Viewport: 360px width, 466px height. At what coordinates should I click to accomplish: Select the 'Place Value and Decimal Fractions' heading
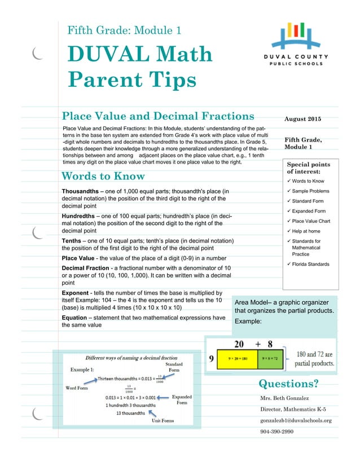158,116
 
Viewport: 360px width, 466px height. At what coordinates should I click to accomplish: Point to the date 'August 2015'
303,118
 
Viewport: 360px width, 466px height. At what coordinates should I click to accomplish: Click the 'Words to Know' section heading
103,176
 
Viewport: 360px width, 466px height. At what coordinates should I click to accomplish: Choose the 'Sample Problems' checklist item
310,191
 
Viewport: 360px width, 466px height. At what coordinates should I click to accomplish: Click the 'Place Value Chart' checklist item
311,221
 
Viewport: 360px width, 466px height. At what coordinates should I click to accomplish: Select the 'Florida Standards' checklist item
310,264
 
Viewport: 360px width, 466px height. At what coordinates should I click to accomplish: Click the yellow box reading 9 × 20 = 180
236,358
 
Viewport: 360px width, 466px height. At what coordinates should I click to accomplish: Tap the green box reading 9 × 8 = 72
275,358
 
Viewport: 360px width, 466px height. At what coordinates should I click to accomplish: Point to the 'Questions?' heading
288,384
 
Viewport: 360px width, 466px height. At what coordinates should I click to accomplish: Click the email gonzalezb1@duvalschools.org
296,420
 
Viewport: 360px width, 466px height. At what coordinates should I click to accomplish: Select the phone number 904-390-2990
276,432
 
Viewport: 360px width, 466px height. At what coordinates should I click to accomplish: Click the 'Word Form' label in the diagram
77,388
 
